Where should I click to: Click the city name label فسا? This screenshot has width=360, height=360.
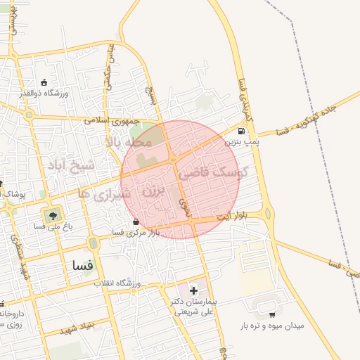[x=82, y=266]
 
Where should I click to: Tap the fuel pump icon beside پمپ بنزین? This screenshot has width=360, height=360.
[x=242, y=131]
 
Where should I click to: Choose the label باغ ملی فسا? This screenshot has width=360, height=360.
[x=51, y=227]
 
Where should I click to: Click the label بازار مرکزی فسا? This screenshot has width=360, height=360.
[x=136, y=232]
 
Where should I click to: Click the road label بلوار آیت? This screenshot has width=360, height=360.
[x=230, y=215]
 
